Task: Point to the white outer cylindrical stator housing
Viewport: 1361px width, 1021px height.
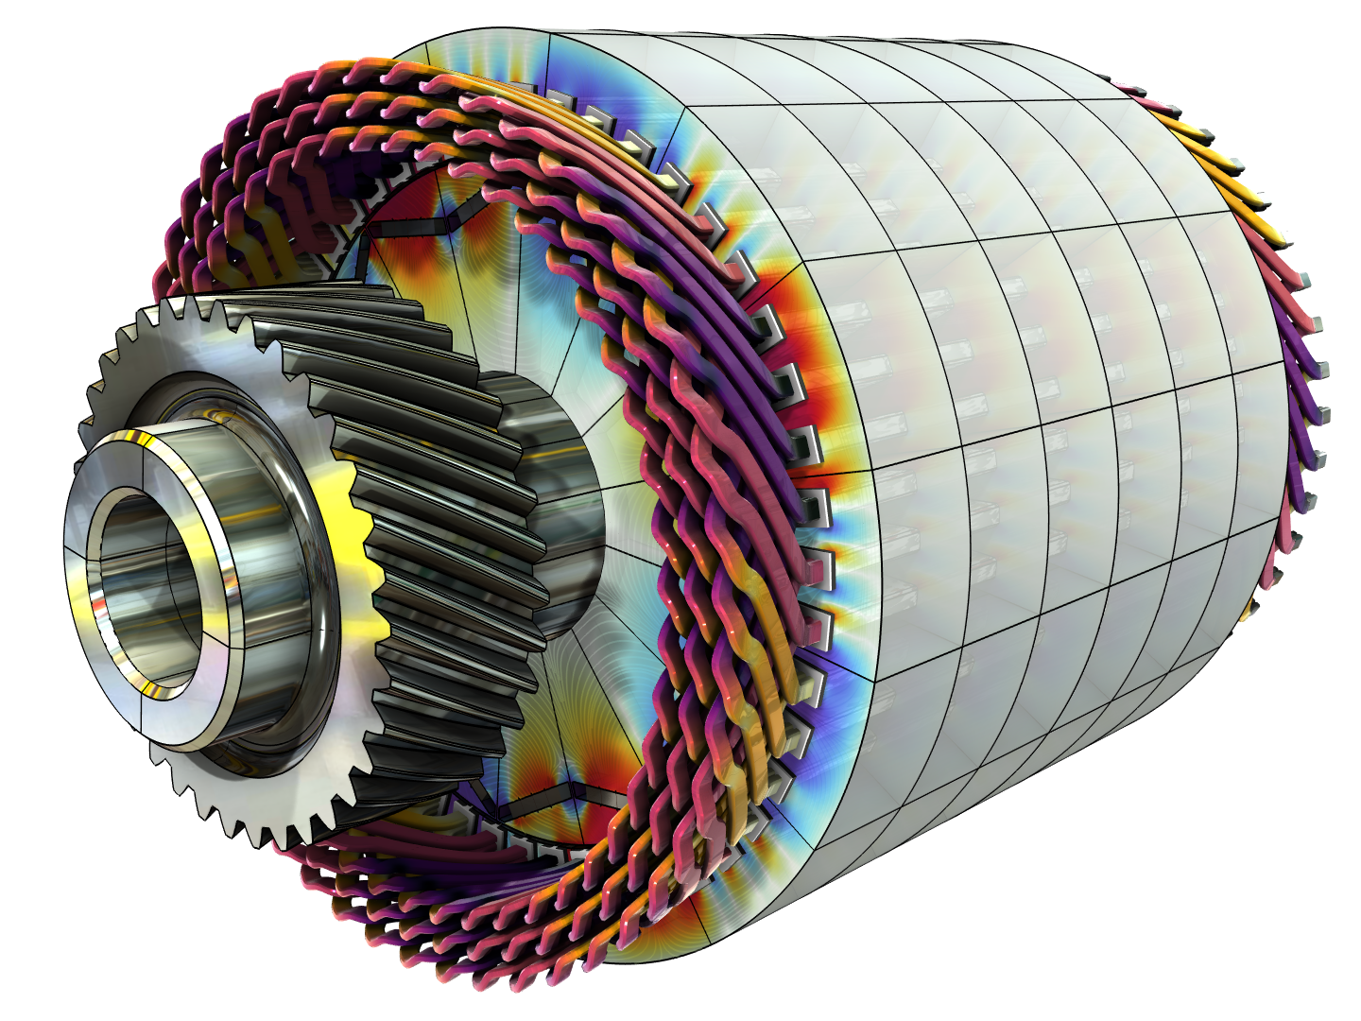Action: coord(1040,425)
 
